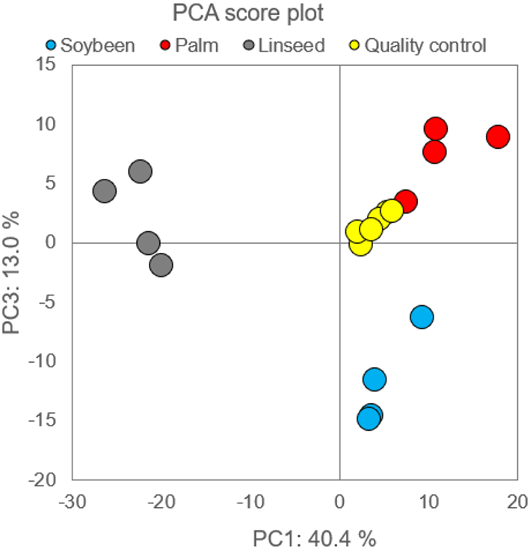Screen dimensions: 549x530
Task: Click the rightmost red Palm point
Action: [497, 137]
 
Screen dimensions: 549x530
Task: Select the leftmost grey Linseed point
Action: [105, 191]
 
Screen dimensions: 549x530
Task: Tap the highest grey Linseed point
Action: [140, 171]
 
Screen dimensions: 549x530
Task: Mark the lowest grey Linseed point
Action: [161, 265]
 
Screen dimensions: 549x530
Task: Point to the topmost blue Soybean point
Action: [422, 317]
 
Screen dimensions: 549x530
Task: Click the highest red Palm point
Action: [435, 129]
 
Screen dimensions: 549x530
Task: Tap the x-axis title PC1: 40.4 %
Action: [313, 536]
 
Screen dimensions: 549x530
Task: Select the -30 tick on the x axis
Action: [73, 500]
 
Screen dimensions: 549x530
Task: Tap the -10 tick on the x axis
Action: [250, 500]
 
